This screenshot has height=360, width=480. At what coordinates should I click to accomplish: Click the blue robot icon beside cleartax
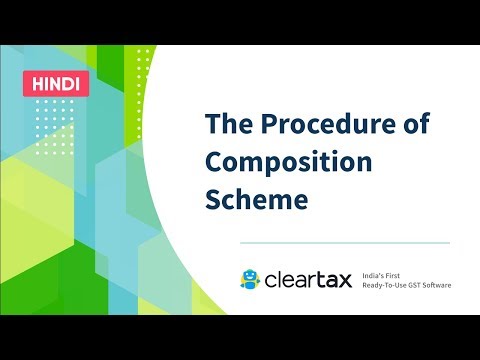tap(250, 280)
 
